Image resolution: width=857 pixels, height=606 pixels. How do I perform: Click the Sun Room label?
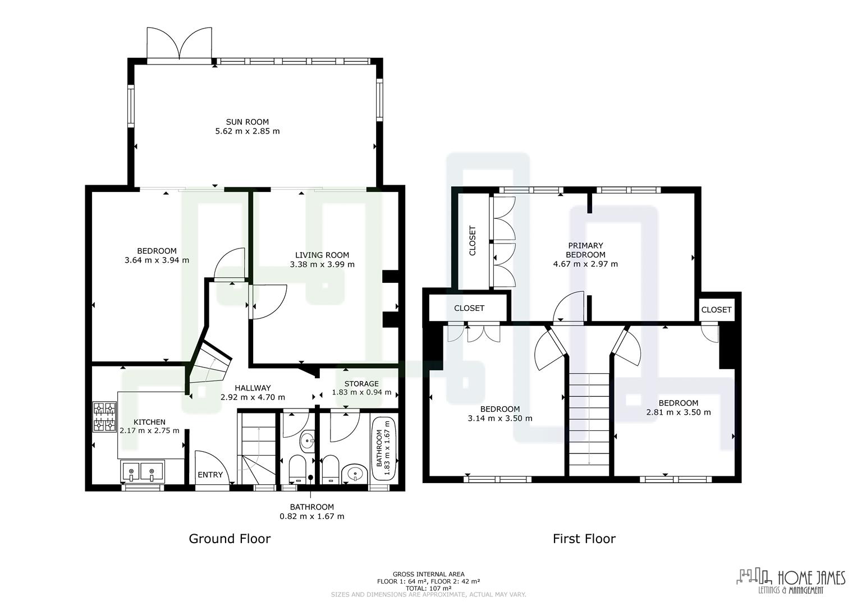tap(247, 122)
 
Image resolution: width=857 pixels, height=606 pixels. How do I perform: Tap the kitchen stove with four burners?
tap(105, 417)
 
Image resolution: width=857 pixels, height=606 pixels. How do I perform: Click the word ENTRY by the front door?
tap(210, 475)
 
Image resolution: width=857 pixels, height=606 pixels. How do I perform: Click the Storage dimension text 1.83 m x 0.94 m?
tap(361, 392)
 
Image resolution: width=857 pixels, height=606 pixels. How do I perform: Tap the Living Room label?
tap(322, 255)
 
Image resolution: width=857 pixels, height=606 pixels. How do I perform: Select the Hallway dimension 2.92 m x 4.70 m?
tap(253, 397)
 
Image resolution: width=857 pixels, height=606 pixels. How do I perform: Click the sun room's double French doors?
tap(180, 43)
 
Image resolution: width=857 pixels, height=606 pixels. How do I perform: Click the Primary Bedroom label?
tap(585, 250)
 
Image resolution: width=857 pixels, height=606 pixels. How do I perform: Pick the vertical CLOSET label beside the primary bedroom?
tap(472, 241)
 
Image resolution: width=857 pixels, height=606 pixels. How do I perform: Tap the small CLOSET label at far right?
tap(716, 310)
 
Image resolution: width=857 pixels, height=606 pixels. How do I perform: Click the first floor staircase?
tap(589, 419)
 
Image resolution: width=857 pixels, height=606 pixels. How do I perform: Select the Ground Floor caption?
tap(230, 539)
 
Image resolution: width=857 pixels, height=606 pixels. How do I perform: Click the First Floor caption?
tap(584, 539)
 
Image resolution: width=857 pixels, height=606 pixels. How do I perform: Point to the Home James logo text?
tap(810, 577)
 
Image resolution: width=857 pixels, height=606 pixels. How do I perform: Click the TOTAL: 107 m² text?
tap(428, 588)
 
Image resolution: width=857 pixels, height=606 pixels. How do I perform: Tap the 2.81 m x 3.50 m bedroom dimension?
tap(678, 412)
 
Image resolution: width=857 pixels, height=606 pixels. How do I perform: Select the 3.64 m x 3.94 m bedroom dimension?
tap(157, 260)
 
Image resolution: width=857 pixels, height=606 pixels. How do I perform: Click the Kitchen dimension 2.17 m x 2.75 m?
tap(149, 430)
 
